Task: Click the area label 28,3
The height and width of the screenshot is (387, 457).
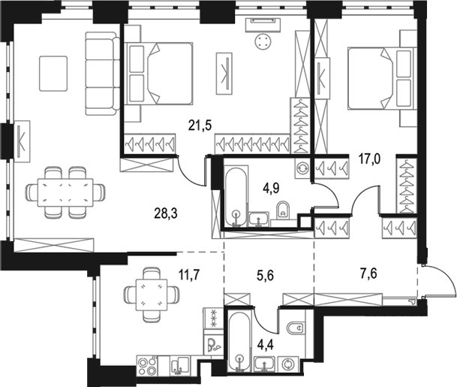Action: click(x=166, y=214)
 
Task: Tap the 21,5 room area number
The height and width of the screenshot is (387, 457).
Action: click(x=200, y=125)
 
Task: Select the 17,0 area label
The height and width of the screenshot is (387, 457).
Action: click(x=368, y=159)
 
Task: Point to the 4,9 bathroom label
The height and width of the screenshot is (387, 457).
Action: click(x=270, y=189)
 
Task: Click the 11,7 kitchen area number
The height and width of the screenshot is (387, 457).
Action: click(x=189, y=275)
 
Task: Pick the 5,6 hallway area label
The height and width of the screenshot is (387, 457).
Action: click(x=265, y=275)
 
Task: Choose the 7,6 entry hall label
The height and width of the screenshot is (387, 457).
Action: click(x=369, y=274)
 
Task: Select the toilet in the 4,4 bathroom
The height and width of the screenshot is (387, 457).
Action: click(x=296, y=328)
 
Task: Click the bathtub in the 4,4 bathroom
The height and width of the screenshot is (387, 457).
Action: click(x=239, y=341)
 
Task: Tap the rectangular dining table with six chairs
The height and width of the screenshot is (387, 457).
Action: click(x=65, y=192)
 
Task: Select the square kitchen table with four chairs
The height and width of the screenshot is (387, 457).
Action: click(x=152, y=295)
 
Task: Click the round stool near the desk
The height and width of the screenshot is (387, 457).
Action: click(x=263, y=42)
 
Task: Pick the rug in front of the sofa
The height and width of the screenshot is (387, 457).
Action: click(x=53, y=74)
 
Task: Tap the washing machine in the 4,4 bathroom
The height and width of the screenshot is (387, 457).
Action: click(x=288, y=364)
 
